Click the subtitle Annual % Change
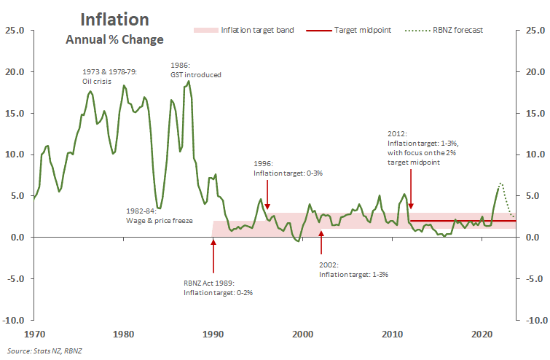point(114,39)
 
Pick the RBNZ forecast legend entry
point(452,31)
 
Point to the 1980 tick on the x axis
point(124,334)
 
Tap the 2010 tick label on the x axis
point(392,334)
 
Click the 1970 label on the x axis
point(34,334)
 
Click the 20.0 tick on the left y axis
point(15,72)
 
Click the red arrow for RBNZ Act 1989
point(213,256)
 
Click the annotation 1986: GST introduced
point(195,69)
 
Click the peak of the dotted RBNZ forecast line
point(500,184)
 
